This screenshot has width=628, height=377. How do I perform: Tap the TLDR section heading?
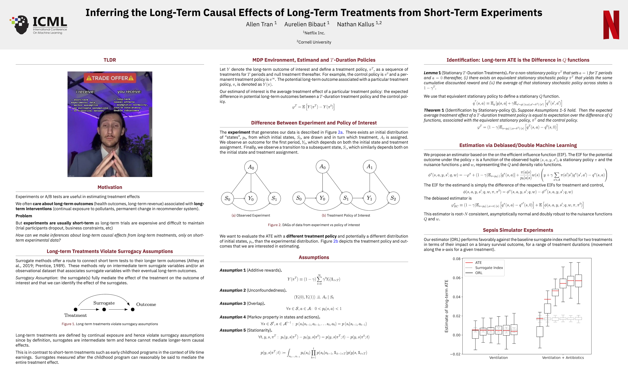[110, 60]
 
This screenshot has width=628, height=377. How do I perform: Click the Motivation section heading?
[110, 187]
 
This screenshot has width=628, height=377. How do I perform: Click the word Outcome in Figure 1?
[146, 304]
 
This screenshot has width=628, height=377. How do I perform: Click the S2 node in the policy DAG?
[393, 198]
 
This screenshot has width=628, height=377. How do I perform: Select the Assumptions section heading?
[314, 257]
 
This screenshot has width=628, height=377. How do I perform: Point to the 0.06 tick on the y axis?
[456, 278]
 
